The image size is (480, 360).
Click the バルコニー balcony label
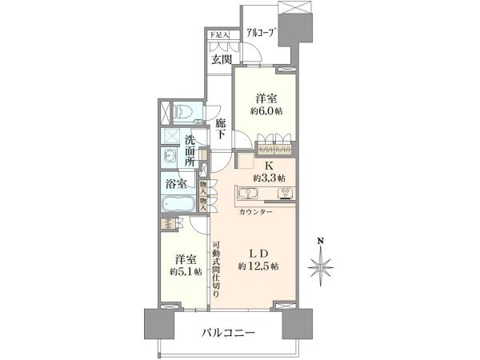click(x=228, y=333)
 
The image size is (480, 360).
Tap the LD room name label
click(x=258, y=254)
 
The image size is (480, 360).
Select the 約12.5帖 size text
click(x=258, y=266)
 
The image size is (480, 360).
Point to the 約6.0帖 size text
click(x=266, y=111)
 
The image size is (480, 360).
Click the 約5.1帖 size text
click(x=186, y=271)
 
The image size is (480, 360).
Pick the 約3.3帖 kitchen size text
click(x=270, y=178)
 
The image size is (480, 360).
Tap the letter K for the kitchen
click(x=269, y=166)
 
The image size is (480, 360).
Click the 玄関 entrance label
click(x=222, y=59)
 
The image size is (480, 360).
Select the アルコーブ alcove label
click(x=260, y=33)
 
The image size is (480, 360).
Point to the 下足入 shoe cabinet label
click(x=218, y=35)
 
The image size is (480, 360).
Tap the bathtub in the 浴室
click(x=178, y=203)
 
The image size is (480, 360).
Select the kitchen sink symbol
click(x=247, y=194)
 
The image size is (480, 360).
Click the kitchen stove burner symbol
click(x=286, y=193)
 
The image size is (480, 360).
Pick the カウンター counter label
click(x=255, y=212)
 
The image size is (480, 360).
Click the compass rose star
click(x=321, y=267)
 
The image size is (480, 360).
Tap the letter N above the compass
click(x=321, y=241)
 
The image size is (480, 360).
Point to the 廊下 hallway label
click(x=221, y=129)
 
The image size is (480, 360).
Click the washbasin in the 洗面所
click(x=170, y=157)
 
